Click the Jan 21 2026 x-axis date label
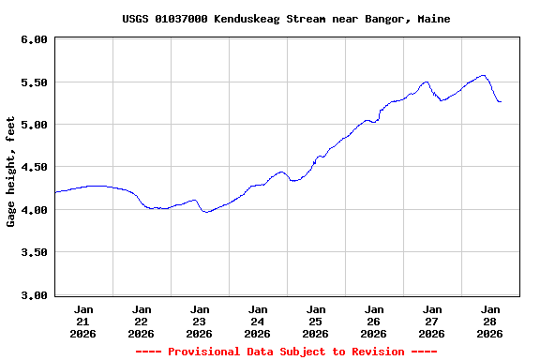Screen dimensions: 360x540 pyautogui.click(x=83, y=321)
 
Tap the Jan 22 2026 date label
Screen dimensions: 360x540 pyautogui.click(x=142, y=321)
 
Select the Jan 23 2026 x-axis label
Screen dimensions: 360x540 pyautogui.click(x=200, y=321)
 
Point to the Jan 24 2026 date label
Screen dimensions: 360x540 pyautogui.click(x=258, y=321)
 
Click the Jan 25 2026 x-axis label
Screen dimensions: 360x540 pyautogui.click(x=316, y=321)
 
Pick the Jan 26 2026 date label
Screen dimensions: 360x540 pyautogui.click(x=374, y=321)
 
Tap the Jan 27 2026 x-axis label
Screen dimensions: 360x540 pyautogui.click(x=432, y=321)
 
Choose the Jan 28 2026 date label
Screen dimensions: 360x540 pyautogui.click(x=490, y=321)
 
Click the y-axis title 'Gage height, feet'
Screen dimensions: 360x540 pyautogui.click(x=11, y=172)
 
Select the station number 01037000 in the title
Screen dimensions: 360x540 pyautogui.click(x=181, y=19)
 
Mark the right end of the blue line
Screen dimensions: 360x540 pyautogui.click(x=501, y=101)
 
